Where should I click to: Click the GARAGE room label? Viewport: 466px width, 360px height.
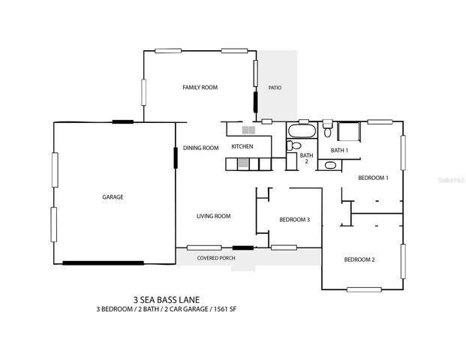click(x=113, y=197)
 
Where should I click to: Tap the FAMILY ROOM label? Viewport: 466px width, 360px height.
click(x=200, y=88)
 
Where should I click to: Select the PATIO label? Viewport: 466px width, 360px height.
click(x=275, y=88)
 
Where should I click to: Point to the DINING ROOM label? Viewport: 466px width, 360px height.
click(x=201, y=148)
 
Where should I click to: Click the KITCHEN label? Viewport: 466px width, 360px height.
click(x=242, y=146)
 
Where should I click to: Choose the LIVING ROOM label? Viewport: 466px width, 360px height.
click(x=213, y=216)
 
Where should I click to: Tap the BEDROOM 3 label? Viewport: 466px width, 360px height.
click(x=294, y=220)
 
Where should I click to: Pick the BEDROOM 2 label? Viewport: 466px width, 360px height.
click(x=359, y=259)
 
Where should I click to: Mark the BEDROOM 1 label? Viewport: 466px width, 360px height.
click(x=372, y=178)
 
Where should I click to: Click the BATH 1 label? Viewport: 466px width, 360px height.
click(x=340, y=151)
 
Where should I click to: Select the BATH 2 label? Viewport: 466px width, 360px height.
click(x=306, y=158)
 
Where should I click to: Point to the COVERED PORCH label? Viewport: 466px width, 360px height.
click(x=216, y=258)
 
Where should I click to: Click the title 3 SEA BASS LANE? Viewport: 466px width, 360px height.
click(x=167, y=297)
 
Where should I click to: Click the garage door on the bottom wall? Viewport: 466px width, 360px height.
click(x=103, y=262)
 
